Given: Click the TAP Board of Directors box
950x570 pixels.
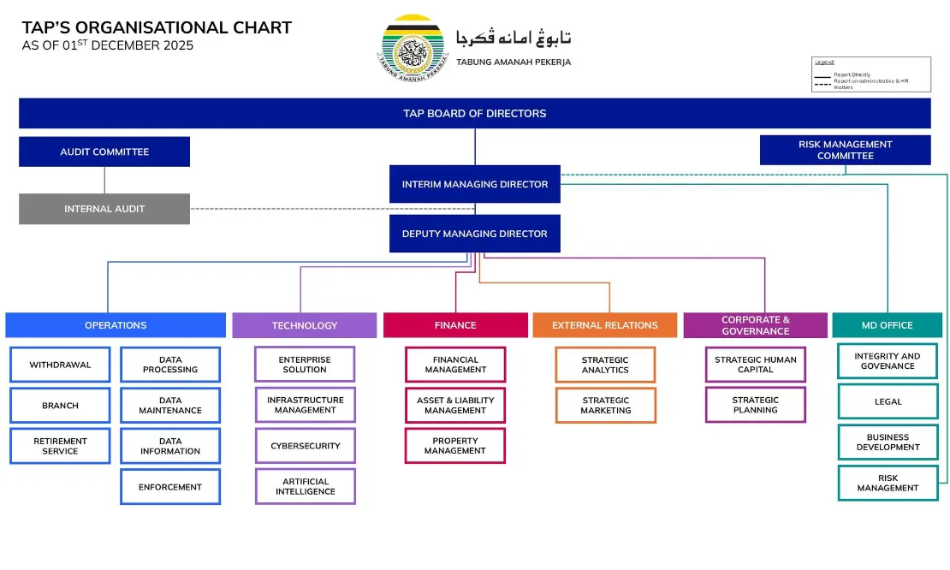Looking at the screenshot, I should pos(474,113).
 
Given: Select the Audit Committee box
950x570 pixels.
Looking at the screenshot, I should pos(104,151).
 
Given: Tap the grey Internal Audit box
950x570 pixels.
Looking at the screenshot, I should pos(104,209).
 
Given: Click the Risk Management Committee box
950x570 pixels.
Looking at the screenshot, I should pos(845,150).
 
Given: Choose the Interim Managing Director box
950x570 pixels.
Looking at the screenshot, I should pos(474,184).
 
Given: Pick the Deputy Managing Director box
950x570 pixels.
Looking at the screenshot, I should pos(474,234).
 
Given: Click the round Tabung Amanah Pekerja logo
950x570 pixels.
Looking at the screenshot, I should pos(413,47).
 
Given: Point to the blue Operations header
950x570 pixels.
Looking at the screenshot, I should pos(116,325).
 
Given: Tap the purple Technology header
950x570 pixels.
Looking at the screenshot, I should pos(304,325).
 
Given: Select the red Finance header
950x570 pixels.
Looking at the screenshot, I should pos(455,325).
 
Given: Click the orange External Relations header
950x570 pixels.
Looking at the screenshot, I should pos(605,325).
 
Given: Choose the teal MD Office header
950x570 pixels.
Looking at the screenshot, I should pos(888,325).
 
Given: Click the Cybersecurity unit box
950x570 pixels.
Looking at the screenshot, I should pos(305,446).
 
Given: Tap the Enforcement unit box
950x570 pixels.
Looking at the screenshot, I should pos(170,487).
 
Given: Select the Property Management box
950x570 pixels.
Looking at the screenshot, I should pos(455,446).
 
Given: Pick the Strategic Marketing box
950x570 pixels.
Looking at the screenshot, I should pos(605,406).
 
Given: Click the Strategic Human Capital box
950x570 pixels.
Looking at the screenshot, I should pos(756,365).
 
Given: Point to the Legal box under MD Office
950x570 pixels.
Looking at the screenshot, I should pos(888,401).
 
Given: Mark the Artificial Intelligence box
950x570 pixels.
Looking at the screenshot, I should pos(305,486).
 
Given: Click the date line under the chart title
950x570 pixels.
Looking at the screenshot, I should pos(108,45).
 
